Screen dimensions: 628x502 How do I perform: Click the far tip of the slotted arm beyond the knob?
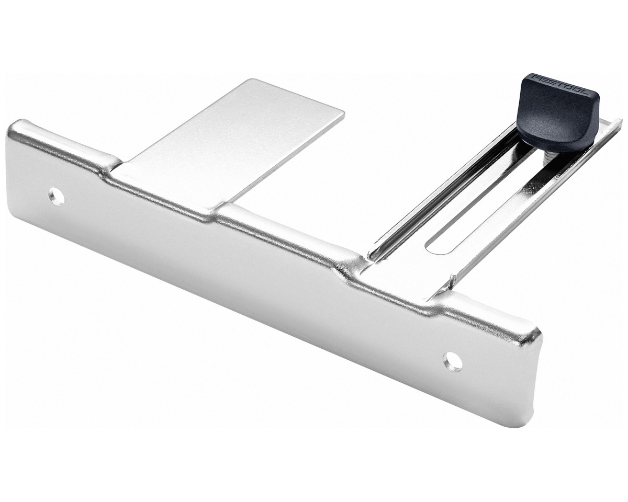618,120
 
